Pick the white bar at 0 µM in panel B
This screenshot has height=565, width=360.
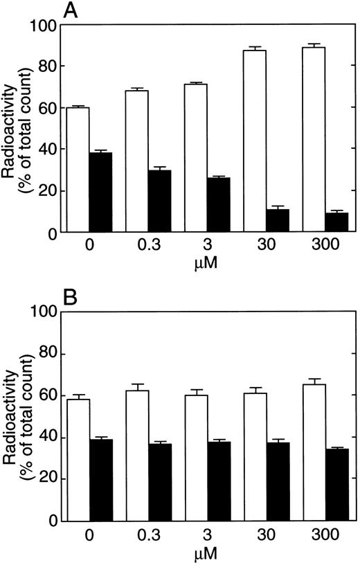78,460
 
